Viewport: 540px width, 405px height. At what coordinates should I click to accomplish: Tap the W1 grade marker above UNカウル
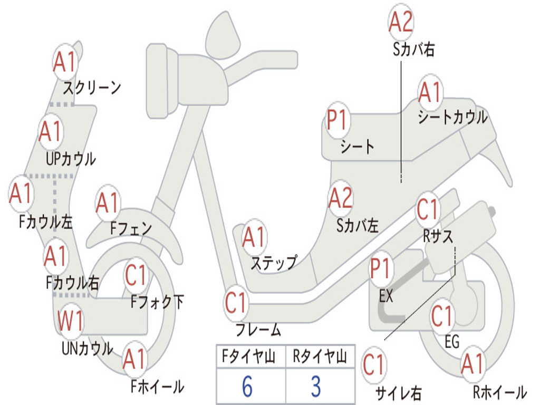point(70,321)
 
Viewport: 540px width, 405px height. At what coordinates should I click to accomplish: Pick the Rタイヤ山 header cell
point(320,358)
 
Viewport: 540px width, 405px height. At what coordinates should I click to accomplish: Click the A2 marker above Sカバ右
point(401,22)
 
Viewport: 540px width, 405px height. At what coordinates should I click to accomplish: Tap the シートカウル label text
point(452,118)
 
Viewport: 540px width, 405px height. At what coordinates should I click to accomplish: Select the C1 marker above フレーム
point(236,303)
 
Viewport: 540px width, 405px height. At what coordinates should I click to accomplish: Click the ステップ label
point(274,263)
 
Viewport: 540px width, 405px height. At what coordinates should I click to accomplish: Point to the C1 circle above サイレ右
point(374,365)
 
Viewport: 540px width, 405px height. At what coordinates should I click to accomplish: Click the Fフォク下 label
point(157,302)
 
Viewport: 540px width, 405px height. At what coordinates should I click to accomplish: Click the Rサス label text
point(438,236)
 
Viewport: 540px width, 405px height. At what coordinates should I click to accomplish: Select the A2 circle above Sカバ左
point(340,198)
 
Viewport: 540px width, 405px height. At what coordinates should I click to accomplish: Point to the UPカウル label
point(71,158)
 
